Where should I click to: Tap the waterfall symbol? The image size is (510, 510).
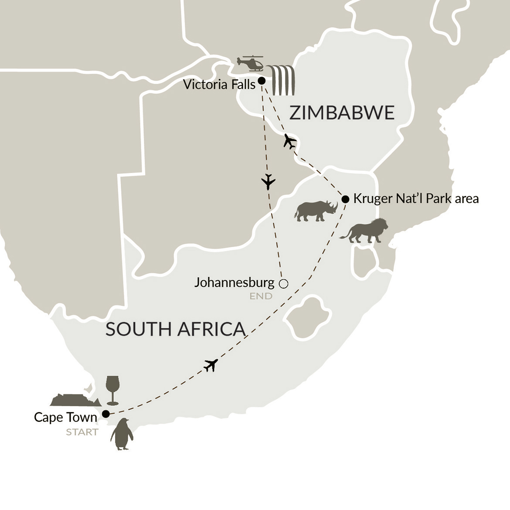coord(282,80)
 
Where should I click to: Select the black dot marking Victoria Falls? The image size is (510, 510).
coord(262,81)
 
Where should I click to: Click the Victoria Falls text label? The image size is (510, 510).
coord(219,84)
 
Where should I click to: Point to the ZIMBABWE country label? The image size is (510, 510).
coord(342,113)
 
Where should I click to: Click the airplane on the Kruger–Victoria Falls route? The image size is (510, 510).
coord(289,142)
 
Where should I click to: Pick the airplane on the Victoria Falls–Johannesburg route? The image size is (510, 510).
coord(269,181)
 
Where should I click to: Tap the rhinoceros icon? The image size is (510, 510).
coord(316,211)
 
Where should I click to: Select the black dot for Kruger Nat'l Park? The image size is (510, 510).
coord(345,199)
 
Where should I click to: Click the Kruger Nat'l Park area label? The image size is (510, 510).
coord(416,199)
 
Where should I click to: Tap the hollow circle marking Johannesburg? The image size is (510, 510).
coord(283,284)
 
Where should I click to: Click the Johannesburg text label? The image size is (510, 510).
coord(234,282)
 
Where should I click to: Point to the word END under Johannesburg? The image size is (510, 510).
coord(261,296)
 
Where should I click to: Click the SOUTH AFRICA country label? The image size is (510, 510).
coord(175,329)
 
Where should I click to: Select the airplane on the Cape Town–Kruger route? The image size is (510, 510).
coord(211,365)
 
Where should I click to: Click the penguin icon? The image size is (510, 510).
coord(122,434)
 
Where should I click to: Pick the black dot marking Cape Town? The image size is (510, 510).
coord(105,414)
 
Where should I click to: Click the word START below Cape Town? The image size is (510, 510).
coord(82,432)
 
